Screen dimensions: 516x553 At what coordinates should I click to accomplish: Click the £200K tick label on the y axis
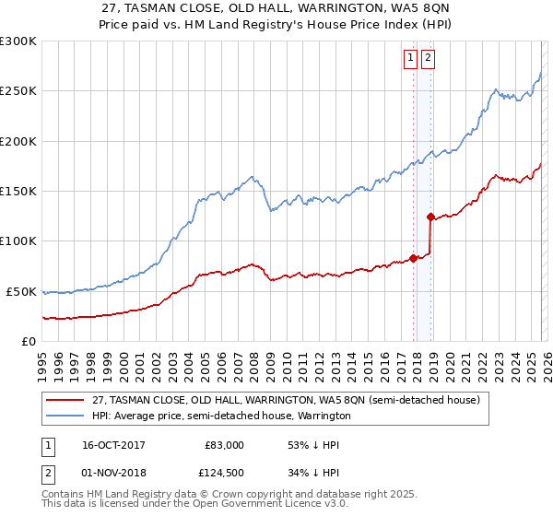point(18,141)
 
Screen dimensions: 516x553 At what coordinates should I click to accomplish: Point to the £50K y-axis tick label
point(21,291)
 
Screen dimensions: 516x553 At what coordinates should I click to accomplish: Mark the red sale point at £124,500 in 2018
point(430,217)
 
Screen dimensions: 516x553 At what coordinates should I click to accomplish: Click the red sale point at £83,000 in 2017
point(413,258)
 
